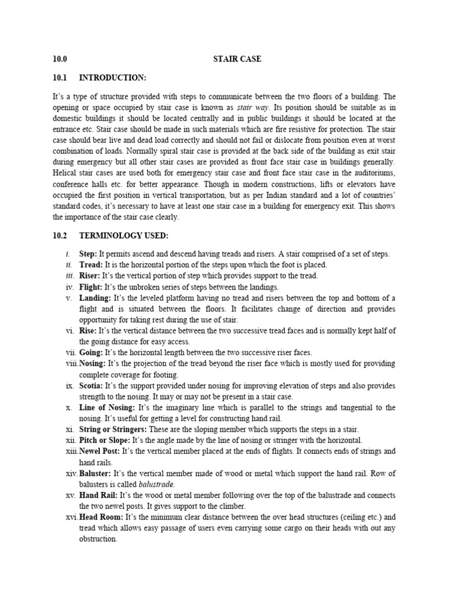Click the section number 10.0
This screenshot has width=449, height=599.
(x=60, y=59)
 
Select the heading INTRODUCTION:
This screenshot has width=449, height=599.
(x=112, y=77)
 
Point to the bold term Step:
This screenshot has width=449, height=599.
(x=88, y=254)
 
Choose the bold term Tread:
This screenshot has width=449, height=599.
(x=91, y=264)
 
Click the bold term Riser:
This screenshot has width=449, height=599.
(x=91, y=276)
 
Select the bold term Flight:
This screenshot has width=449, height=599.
(x=91, y=287)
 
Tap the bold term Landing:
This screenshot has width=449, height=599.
(x=95, y=298)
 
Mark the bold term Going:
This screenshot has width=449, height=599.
(x=92, y=352)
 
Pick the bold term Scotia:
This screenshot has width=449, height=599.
(x=92, y=386)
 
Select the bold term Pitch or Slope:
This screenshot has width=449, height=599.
(x=105, y=440)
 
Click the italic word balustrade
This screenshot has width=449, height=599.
(x=157, y=484)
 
